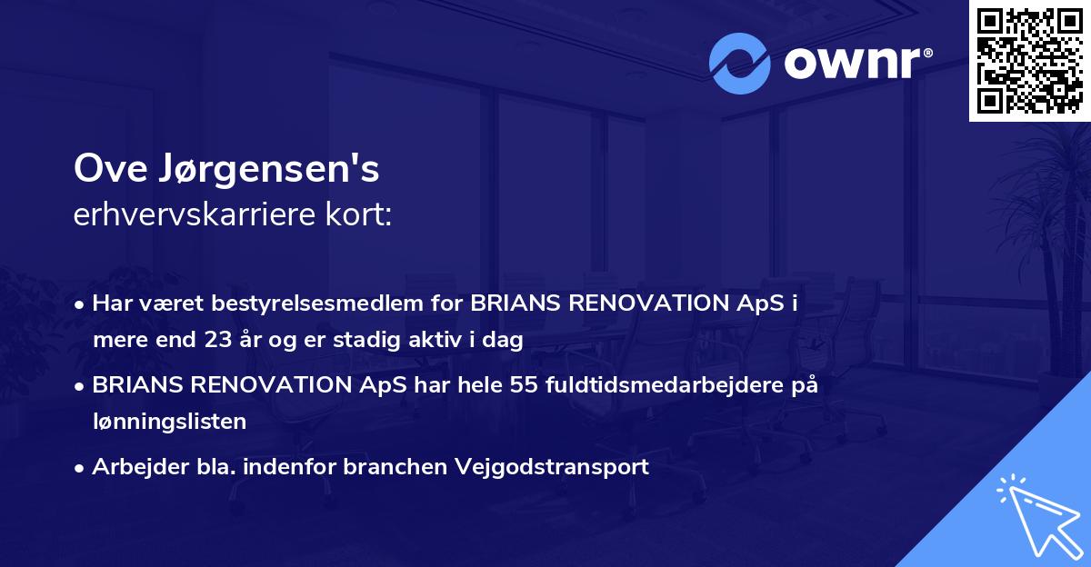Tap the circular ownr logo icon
739,64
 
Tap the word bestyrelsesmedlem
323,303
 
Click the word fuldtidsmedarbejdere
662,385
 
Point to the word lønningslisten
169,422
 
